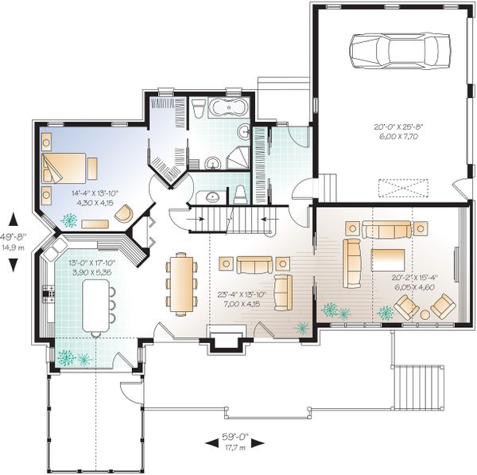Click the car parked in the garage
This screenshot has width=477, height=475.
(x=398, y=52)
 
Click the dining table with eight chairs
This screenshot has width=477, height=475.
(x=182, y=283)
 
